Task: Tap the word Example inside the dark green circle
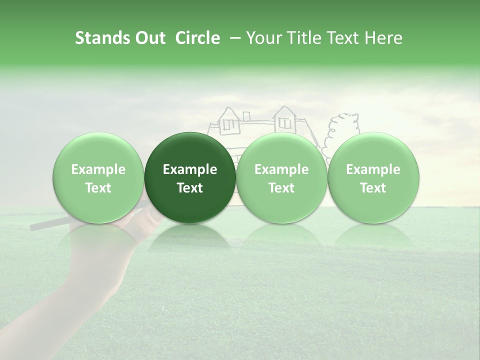point(190,169)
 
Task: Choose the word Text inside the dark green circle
point(190,188)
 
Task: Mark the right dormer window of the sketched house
point(285,121)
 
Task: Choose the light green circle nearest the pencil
point(98,177)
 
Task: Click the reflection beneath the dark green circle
point(190,237)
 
